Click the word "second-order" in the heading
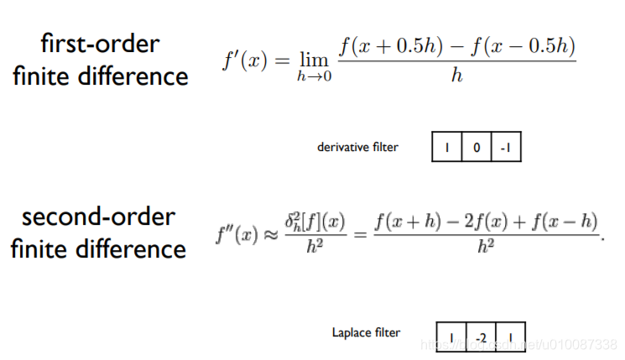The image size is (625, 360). click(98, 217)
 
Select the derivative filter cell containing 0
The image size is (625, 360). click(477, 148)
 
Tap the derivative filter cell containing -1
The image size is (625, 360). click(506, 148)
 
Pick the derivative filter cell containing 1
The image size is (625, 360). click(447, 148)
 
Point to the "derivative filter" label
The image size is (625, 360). click(357, 147)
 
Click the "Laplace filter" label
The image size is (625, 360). click(367, 333)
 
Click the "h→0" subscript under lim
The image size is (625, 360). click(313, 76)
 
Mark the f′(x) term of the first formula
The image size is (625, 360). click(244, 60)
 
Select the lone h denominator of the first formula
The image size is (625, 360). click(457, 76)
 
